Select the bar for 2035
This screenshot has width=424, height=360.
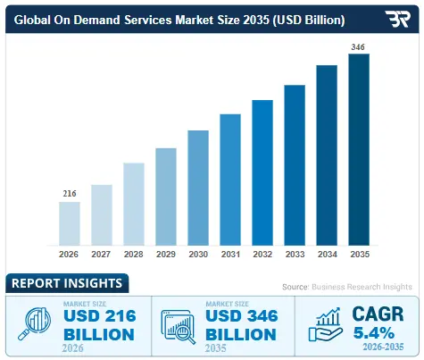[x=358, y=149]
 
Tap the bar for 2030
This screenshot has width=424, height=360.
[x=198, y=187]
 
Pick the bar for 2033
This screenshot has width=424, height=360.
[x=295, y=164]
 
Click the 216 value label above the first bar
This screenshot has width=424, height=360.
[x=70, y=193]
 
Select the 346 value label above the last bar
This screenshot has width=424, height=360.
[x=358, y=46]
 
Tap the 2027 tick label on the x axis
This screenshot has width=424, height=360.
[x=102, y=255]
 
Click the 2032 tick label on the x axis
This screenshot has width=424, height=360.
[x=262, y=255]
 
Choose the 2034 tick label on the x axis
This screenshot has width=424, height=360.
[x=327, y=255]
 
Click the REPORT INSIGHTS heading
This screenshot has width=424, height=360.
[x=67, y=284]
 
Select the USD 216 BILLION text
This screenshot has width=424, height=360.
[x=98, y=326]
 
